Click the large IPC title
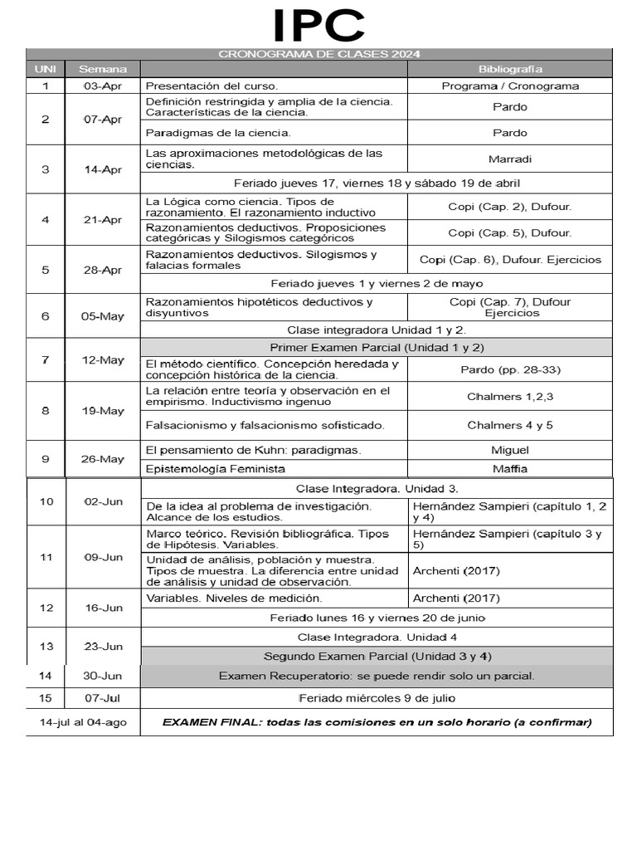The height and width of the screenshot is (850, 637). pyautogui.click(x=318, y=26)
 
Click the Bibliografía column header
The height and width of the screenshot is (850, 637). pyautogui.click(x=510, y=68)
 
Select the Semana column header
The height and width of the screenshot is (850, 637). pyautogui.click(x=103, y=68)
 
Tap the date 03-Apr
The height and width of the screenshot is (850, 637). pyautogui.click(x=103, y=85)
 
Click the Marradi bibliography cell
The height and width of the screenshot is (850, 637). pyautogui.click(x=510, y=159)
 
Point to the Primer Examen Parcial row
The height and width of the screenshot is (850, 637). pyautogui.click(x=377, y=347)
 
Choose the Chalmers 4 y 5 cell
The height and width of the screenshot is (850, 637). pyautogui.click(x=510, y=425)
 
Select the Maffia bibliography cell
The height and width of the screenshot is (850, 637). pyautogui.click(x=510, y=468)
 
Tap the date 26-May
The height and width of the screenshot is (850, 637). pyautogui.click(x=103, y=458)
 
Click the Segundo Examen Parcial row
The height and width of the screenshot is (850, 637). pyautogui.click(x=377, y=656)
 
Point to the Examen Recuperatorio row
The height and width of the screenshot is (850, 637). pyautogui.click(x=377, y=676)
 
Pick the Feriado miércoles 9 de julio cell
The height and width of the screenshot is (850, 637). pyautogui.click(x=377, y=697)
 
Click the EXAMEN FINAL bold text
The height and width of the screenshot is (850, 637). pyautogui.click(x=377, y=722)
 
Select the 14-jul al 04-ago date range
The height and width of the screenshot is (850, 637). pyautogui.click(x=83, y=722)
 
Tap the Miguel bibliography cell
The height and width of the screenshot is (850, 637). pyautogui.click(x=510, y=449)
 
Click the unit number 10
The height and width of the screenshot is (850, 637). pyautogui.click(x=46, y=501)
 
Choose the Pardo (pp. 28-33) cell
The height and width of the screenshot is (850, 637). pyautogui.click(x=510, y=369)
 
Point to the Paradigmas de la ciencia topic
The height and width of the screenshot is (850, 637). pyautogui.click(x=218, y=133)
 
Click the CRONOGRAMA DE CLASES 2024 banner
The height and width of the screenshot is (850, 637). pyautogui.click(x=318, y=54)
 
